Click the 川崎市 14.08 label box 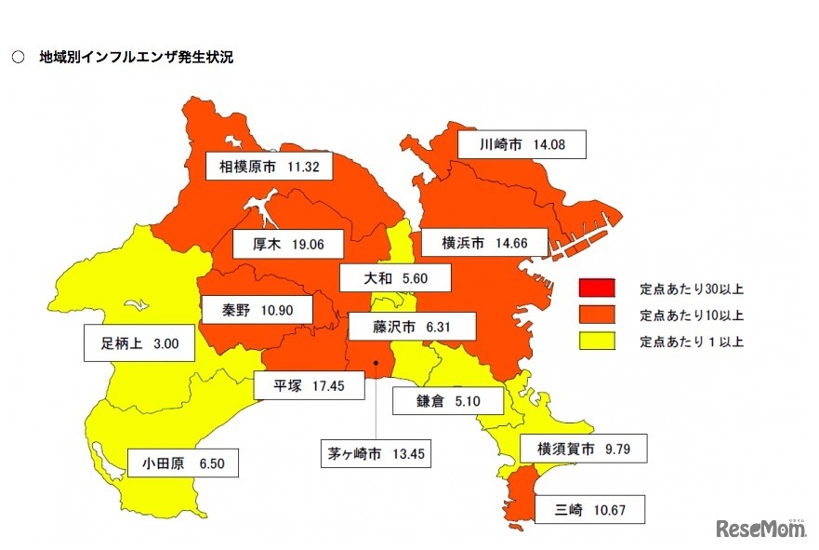(522, 144)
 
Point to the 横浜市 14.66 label (484, 243)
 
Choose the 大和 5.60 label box (394, 277)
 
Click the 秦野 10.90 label (255, 308)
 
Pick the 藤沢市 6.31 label (412, 327)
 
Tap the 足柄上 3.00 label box (139, 342)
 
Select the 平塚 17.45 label (310, 384)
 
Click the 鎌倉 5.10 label (447, 401)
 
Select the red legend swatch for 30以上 (596, 288)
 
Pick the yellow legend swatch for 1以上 (596, 342)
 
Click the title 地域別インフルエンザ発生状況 (135, 57)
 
